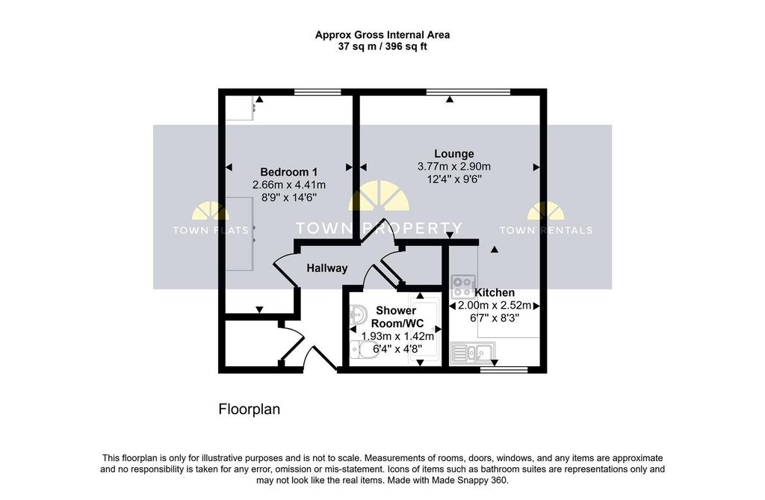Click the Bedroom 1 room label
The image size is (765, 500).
click(x=289, y=172)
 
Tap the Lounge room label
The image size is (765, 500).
click(x=453, y=154)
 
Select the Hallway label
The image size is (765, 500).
click(x=327, y=268)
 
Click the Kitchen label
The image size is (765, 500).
click(x=495, y=292)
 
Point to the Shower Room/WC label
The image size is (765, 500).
click(x=397, y=317)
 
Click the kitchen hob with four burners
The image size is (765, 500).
click(x=463, y=286)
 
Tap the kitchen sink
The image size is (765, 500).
click(x=472, y=353)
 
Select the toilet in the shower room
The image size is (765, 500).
click(x=363, y=349)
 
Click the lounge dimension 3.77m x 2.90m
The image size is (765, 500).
click(x=453, y=167)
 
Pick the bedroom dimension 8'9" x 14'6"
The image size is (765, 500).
click(x=289, y=198)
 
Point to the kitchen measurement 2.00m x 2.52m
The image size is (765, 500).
click(x=495, y=306)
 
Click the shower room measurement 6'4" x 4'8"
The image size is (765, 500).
click(x=397, y=348)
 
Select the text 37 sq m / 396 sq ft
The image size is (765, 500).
click(x=382, y=47)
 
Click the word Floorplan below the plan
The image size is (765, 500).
click(x=250, y=409)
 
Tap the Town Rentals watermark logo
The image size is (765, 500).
click(x=546, y=218)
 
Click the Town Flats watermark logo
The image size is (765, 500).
click(x=211, y=218)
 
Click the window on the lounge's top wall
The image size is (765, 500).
click(x=468, y=92)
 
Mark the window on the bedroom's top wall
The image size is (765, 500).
click(x=318, y=92)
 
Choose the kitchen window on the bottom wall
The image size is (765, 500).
click(x=504, y=370)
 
